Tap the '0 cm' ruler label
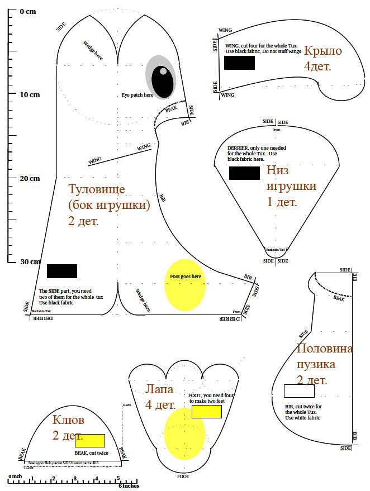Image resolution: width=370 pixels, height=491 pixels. [x=27, y=11]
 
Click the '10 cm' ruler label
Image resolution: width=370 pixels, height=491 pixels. [x=30, y=94]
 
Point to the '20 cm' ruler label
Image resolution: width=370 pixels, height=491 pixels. [x=30, y=178]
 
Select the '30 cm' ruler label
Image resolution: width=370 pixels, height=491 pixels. [x=30, y=261]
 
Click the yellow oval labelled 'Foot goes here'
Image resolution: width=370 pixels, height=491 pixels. [x=185, y=284]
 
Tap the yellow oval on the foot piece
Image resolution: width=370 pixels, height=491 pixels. [x=184, y=433]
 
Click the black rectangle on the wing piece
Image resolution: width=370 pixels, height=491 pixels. [x=239, y=63]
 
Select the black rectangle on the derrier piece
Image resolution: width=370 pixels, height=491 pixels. [x=244, y=173]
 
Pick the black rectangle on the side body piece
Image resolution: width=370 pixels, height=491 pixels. [x=62, y=271]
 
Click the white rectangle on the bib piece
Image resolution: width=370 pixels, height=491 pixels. [x=298, y=390]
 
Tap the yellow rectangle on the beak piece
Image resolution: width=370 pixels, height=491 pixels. [x=90, y=440]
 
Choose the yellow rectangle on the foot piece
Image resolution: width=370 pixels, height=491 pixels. [x=206, y=412]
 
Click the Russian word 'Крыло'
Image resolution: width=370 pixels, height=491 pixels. [x=322, y=51]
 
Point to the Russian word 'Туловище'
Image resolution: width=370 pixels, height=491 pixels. [x=96, y=189]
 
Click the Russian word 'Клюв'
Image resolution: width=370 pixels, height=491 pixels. [x=68, y=420]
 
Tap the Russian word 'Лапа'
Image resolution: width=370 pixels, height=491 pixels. [x=159, y=389]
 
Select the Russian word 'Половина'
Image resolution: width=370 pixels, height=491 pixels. [x=324, y=349]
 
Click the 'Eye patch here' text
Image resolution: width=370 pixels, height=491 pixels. [x=137, y=95]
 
